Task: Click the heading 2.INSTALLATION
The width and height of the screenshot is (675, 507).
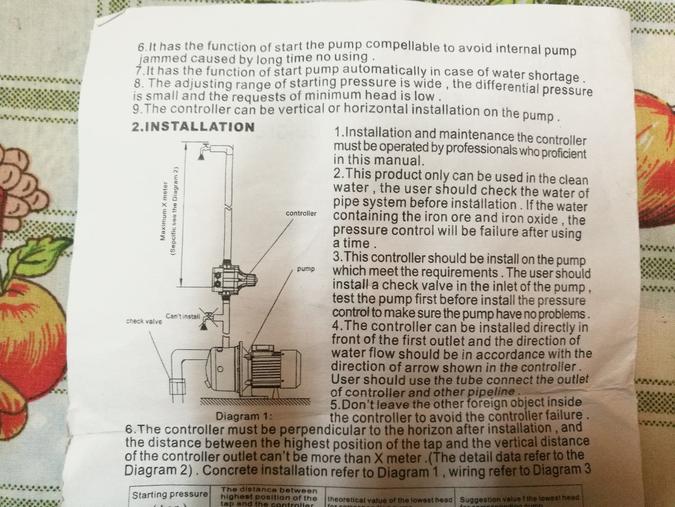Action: coord(192,126)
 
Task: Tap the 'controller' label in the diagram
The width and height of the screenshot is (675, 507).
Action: coord(301,214)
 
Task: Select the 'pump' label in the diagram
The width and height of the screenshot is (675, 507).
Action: coord(305,269)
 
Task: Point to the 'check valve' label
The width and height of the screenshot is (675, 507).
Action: coord(144,321)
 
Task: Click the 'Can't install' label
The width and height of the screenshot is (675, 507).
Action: coord(183,316)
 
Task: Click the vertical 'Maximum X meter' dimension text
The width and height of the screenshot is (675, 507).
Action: coord(169,211)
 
